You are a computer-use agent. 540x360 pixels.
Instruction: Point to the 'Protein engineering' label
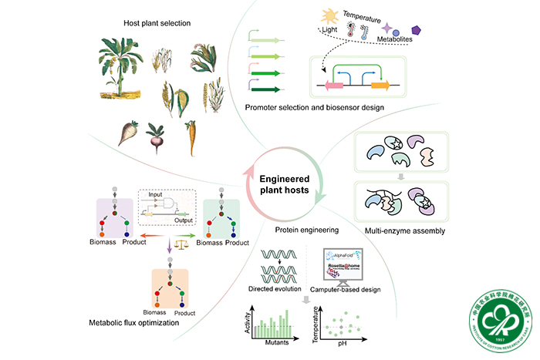coord(299,230)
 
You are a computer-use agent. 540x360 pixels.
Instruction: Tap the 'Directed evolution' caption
coord(280,288)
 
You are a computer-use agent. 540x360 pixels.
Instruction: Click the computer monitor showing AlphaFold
coord(347,265)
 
